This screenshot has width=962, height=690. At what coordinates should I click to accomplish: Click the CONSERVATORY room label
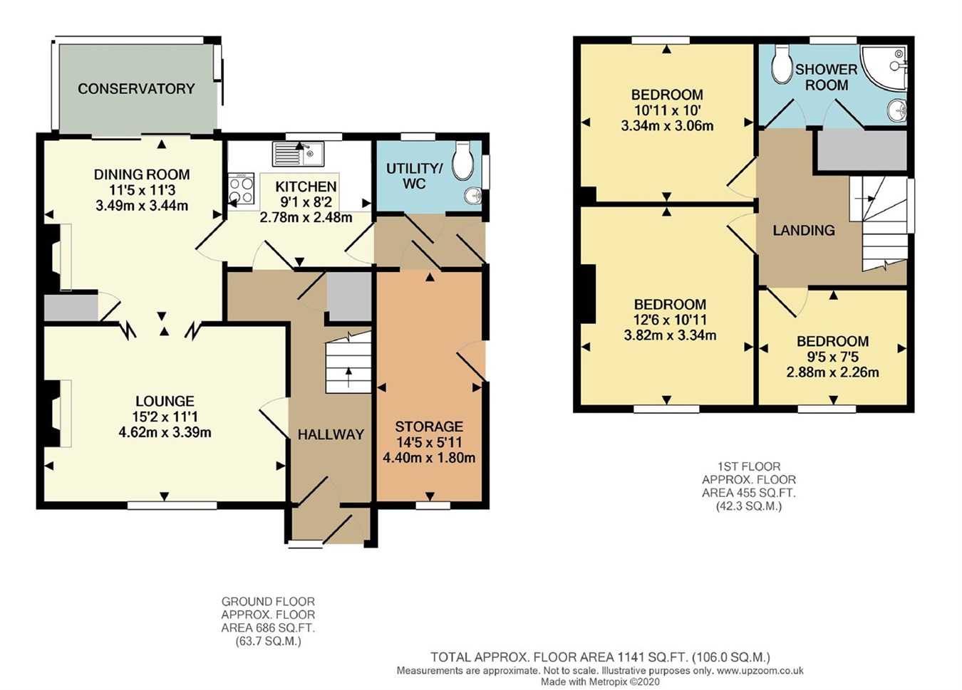(x=136, y=89)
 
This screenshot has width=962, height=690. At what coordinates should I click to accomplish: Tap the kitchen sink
(x=298, y=152)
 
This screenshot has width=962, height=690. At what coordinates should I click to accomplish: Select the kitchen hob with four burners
(x=241, y=189)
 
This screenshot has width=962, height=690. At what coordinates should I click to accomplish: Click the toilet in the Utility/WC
(x=463, y=160)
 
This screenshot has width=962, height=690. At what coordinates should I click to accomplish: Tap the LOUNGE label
(x=165, y=402)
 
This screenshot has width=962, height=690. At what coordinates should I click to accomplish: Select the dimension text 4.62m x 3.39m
(x=165, y=432)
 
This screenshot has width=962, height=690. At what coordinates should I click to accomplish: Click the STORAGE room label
(x=429, y=427)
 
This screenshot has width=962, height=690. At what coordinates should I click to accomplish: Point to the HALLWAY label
(x=331, y=434)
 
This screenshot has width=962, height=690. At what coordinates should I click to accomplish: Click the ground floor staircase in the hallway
(x=348, y=367)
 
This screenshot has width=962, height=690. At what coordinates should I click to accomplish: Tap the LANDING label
(x=804, y=230)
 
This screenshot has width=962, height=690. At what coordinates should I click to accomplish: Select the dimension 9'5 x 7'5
(x=832, y=357)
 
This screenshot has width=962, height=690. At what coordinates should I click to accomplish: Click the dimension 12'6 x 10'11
(x=670, y=320)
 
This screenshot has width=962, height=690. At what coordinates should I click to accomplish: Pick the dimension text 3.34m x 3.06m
(x=667, y=125)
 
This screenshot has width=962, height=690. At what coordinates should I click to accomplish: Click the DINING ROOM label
(x=142, y=174)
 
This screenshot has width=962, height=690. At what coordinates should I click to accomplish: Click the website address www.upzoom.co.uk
(x=760, y=670)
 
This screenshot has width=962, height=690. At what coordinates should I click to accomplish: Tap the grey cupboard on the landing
(x=861, y=151)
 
